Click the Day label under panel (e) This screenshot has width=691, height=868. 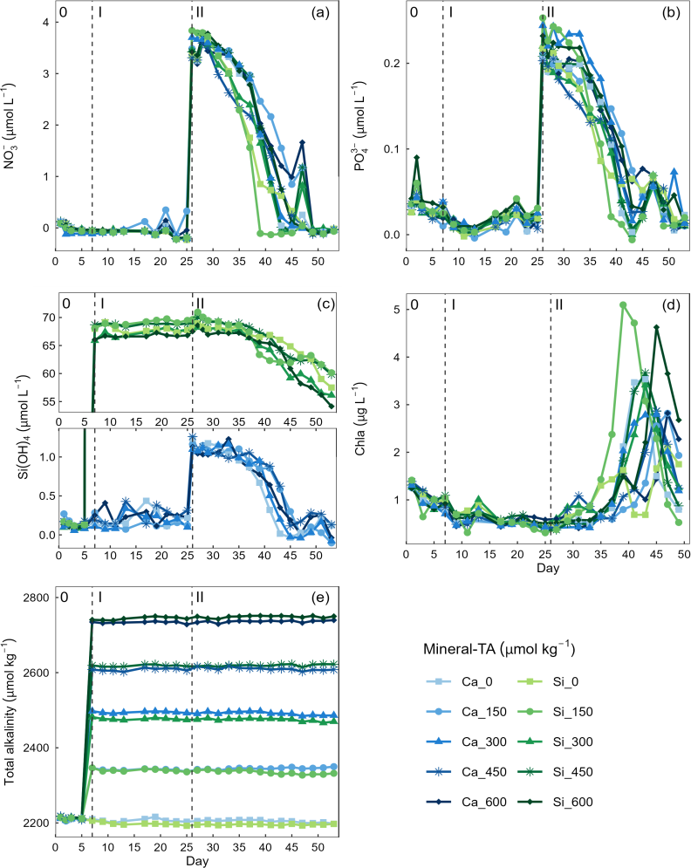(x=197, y=861)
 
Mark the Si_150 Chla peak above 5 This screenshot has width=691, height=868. (x=623, y=304)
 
